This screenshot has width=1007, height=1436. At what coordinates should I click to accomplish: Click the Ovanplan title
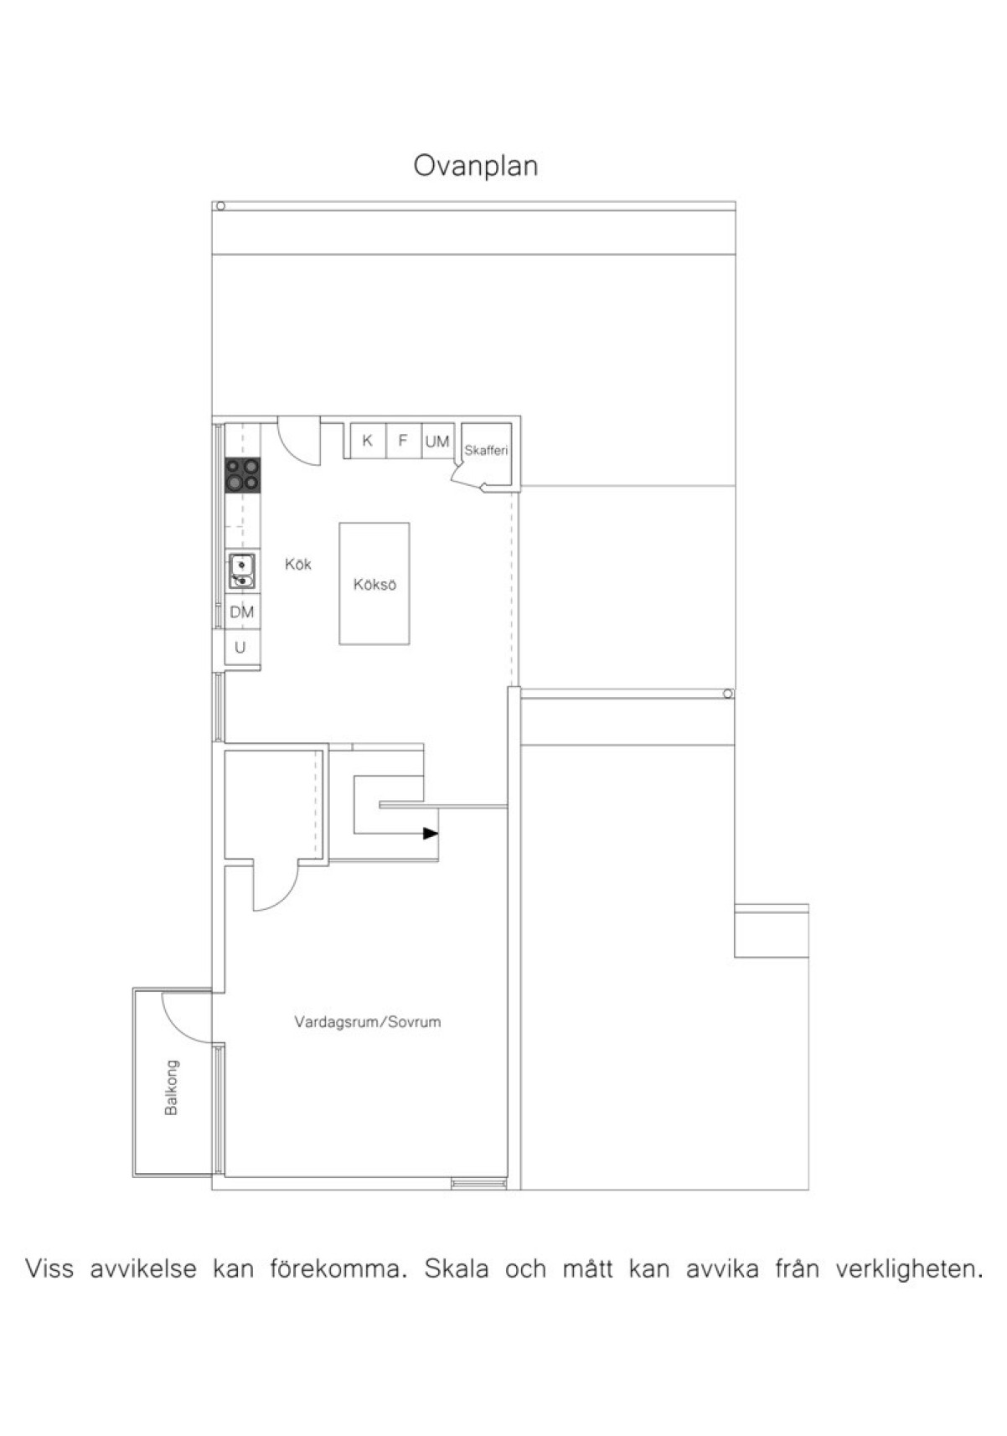tap(475, 166)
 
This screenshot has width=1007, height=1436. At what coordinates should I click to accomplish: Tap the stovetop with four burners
tap(242, 475)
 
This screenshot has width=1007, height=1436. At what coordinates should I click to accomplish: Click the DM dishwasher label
tap(242, 612)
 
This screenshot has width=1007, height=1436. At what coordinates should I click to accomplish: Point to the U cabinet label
tap(240, 648)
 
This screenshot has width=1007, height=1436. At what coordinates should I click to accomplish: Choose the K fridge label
tap(367, 441)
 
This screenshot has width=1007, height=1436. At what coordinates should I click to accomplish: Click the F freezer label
tap(403, 441)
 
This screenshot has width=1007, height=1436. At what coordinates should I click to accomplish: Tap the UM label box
tap(436, 441)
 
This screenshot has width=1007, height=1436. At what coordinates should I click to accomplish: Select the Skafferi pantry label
tap(486, 451)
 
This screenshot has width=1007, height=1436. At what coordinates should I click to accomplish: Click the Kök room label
tap(297, 565)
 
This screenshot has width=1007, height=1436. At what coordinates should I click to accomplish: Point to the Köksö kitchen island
tap(374, 585)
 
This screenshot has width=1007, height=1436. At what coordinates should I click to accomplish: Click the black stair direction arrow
tap(431, 834)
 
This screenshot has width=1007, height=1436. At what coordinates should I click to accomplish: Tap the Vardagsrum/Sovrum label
tap(367, 1022)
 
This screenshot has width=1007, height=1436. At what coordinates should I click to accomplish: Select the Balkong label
tap(172, 1087)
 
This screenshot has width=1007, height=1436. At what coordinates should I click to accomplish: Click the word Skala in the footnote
tap(457, 1268)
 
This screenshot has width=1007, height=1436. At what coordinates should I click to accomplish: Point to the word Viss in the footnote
tap(49, 1268)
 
